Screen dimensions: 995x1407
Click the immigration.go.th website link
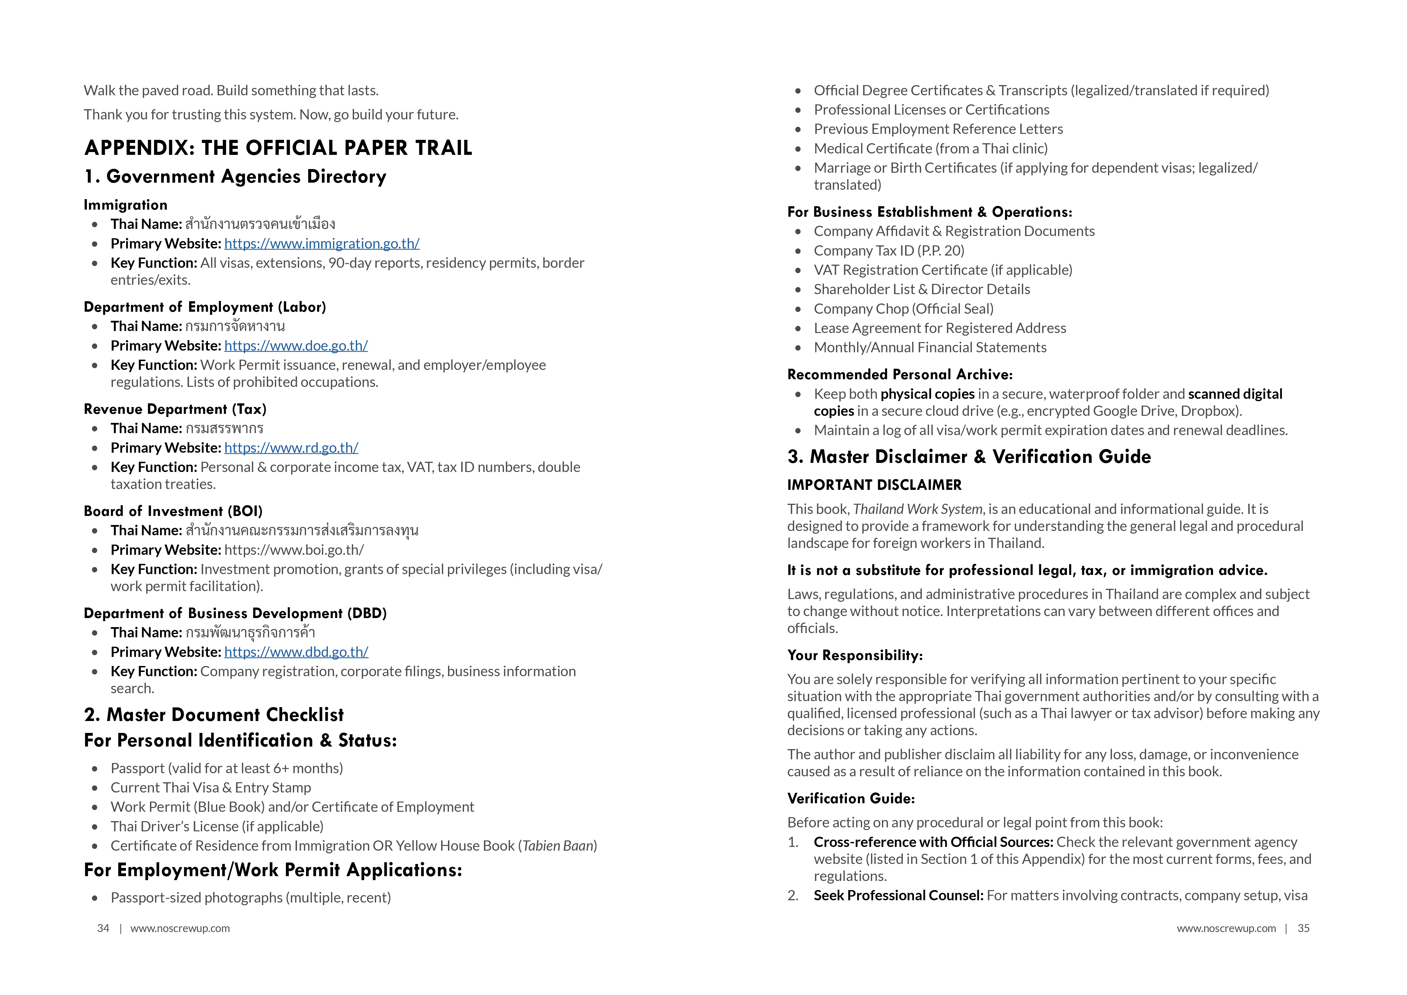tap(322, 244)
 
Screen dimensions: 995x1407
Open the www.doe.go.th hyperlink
tap(296, 346)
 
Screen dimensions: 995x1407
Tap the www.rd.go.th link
tap(291, 448)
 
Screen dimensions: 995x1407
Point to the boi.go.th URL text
tap(294, 550)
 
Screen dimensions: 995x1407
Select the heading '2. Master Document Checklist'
tap(214, 715)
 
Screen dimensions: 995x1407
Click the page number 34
tap(103, 928)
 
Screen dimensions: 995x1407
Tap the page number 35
tap(1303, 928)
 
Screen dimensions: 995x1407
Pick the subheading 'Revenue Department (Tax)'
tap(175, 409)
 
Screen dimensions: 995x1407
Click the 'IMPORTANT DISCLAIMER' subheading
tap(874, 485)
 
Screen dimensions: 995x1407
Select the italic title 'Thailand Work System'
tap(917, 509)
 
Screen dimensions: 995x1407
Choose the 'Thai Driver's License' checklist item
tap(217, 827)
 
